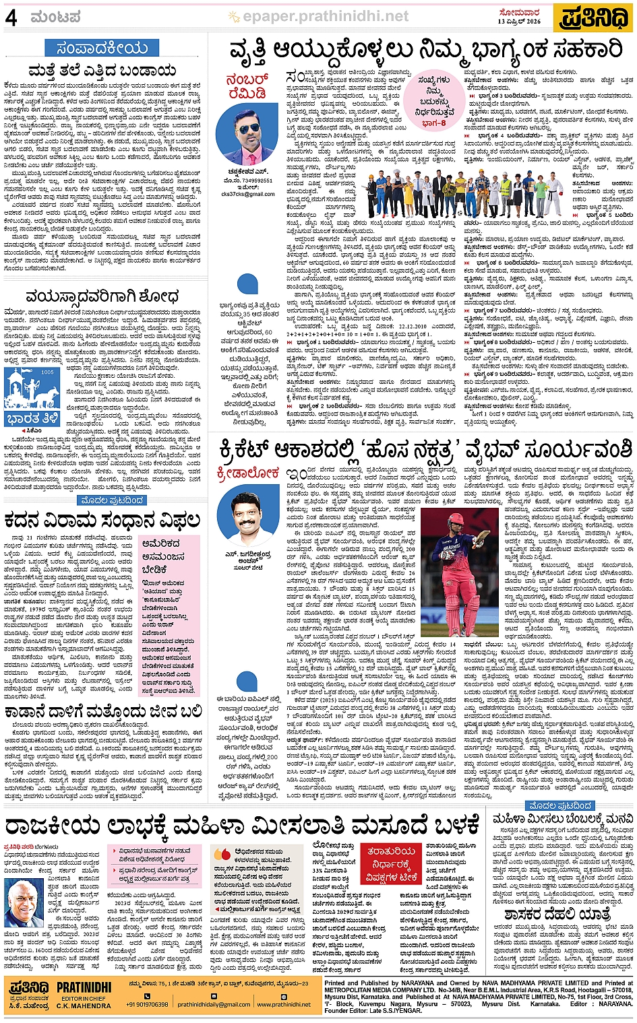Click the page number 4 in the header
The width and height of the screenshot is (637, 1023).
pyautogui.click(x=11, y=18)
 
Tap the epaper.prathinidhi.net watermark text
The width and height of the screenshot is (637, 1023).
pyautogui.click(x=326, y=16)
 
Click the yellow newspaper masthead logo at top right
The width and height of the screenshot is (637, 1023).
pyautogui.click(x=593, y=18)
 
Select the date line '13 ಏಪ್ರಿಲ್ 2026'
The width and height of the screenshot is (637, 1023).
pyautogui.click(x=519, y=22)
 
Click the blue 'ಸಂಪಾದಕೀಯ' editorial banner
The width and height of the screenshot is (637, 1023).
pyautogui.click(x=102, y=48)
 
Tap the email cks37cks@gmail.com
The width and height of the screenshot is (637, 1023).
pyautogui.click(x=248, y=194)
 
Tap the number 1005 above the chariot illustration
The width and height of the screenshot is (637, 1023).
pyautogui.click(x=47, y=372)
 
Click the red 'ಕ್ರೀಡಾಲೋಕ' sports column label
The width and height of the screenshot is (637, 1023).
pyautogui.click(x=248, y=473)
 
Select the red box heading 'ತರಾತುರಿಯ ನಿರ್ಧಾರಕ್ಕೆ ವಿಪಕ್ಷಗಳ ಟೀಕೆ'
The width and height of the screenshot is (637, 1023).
pyautogui.click(x=392, y=863)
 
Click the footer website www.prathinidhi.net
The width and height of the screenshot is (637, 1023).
pyautogui.click(x=283, y=1004)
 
